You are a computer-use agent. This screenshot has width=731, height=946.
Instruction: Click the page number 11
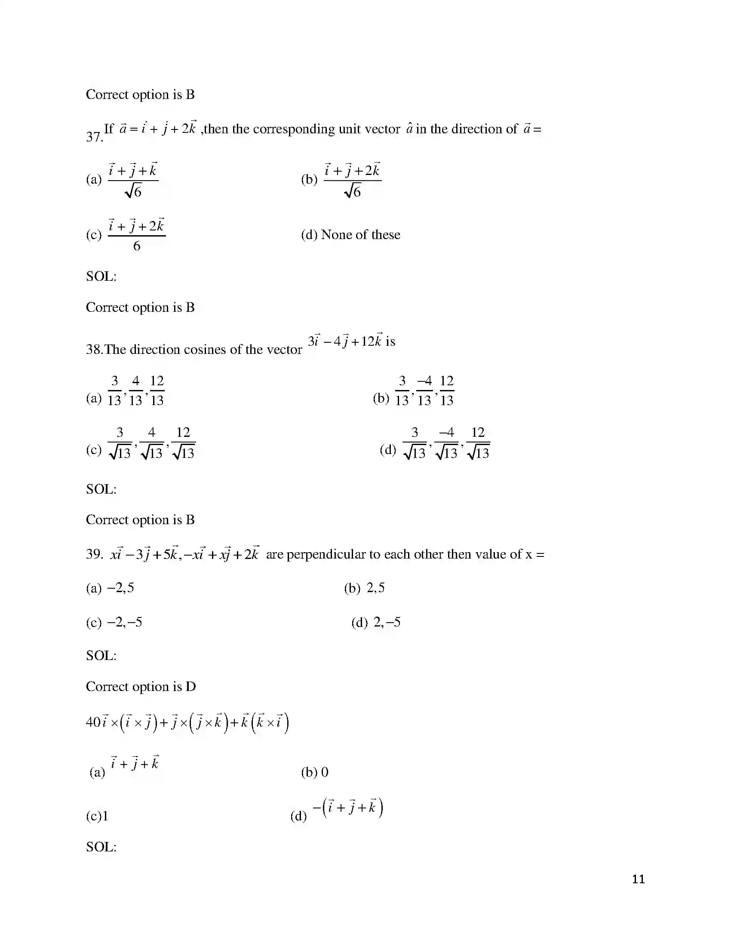point(638,879)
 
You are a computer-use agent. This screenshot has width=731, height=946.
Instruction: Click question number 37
point(94,137)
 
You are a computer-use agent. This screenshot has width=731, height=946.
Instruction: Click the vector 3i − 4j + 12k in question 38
point(345,341)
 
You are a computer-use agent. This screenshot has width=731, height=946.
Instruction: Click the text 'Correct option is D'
point(141,687)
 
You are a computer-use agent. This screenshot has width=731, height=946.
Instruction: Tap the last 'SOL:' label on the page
point(101,847)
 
